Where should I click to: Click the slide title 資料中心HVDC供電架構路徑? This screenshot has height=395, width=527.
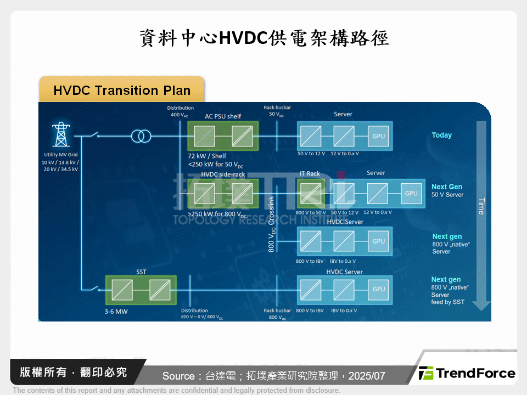[263, 38]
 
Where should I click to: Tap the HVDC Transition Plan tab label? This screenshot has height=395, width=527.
[122, 91]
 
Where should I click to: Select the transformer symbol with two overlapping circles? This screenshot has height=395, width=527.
[141, 136]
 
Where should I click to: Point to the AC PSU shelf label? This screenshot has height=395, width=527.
[223, 116]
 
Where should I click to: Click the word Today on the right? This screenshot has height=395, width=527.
[441, 135]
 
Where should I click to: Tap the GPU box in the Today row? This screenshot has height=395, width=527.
[379, 136]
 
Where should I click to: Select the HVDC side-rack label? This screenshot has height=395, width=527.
[223, 174]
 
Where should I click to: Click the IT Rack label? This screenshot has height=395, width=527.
[310, 174]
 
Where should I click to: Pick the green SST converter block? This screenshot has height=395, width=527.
[141, 289]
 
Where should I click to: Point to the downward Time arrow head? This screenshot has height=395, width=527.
[481, 304]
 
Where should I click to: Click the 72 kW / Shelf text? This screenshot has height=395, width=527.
[207, 156]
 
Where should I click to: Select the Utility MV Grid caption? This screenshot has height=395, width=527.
[60, 155]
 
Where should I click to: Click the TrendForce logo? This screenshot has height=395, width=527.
[467, 374]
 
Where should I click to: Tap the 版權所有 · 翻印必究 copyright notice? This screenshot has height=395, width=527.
[73, 373]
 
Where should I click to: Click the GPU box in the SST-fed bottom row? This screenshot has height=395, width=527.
[379, 289]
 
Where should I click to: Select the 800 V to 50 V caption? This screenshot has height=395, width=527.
[311, 212]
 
